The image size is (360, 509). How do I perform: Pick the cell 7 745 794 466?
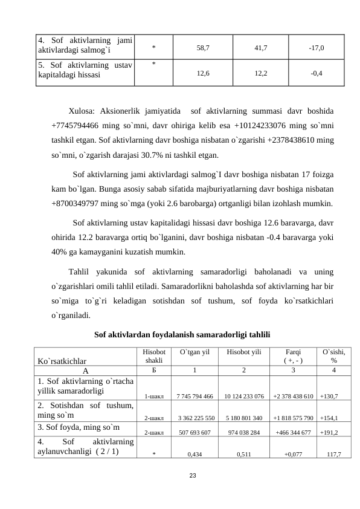(194, 397)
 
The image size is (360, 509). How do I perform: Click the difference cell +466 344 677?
(292, 433)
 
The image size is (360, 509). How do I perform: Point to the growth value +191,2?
(329, 433)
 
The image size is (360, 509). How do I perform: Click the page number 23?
(192, 476)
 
